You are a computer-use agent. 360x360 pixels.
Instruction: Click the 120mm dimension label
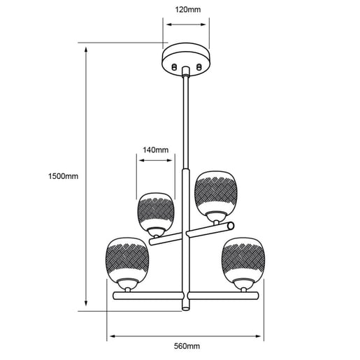[187, 10]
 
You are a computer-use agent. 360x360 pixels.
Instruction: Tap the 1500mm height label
[63, 176]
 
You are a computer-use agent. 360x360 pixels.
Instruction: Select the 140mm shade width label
[155, 150]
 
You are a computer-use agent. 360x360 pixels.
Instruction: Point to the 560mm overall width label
[187, 346]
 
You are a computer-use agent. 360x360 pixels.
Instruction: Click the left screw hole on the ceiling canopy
[174, 67]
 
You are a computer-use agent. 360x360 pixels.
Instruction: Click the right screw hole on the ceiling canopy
[199, 67]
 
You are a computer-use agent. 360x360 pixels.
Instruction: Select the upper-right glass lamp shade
[216, 194]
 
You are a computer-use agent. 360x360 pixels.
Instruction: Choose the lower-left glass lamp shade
[127, 259]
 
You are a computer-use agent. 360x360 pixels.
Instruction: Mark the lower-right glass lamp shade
[243, 259]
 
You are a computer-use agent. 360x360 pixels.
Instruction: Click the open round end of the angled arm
[231, 226]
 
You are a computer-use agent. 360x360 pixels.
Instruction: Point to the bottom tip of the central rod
[186, 309]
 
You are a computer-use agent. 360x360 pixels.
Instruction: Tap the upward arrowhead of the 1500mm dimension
[86, 50]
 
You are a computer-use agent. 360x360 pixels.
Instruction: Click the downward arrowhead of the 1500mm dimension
[86, 303]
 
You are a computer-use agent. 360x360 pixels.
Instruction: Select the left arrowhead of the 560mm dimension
[113, 336]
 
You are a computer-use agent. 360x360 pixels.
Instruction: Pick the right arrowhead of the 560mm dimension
[258, 336]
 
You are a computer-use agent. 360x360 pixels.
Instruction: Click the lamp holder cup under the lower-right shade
[243, 284]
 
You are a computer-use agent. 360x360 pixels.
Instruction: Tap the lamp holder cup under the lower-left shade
[127, 284]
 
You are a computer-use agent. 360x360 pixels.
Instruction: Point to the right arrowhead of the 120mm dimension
[203, 24]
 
